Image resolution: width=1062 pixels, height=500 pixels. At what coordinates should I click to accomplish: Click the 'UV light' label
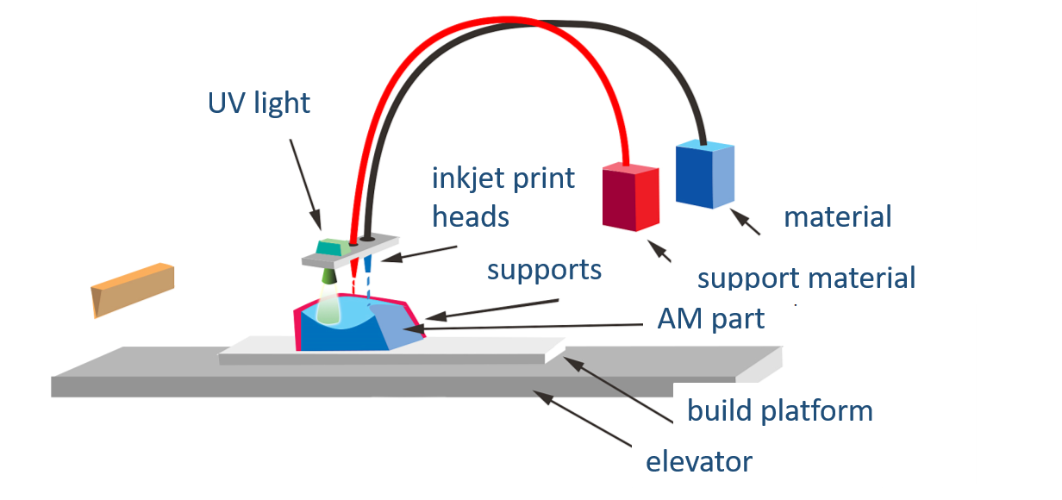click(x=259, y=104)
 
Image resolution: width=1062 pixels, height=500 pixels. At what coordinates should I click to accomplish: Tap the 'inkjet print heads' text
click(x=503, y=197)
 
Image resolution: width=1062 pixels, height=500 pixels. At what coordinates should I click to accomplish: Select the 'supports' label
click(x=544, y=270)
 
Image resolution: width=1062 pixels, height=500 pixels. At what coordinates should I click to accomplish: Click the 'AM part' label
click(x=710, y=320)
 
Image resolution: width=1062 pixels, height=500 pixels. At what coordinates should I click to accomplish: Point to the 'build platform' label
click(x=779, y=411)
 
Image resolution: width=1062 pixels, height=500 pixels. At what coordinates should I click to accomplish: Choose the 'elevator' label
click(x=699, y=462)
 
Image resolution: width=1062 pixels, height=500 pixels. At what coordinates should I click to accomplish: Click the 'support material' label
click(x=806, y=278)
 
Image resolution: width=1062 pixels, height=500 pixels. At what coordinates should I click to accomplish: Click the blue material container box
click(x=704, y=174)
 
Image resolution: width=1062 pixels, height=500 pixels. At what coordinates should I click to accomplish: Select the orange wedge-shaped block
click(x=133, y=289)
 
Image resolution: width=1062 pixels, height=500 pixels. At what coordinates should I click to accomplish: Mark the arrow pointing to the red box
click(x=660, y=252)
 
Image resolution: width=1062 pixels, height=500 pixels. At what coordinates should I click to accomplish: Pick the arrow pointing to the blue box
click(x=747, y=222)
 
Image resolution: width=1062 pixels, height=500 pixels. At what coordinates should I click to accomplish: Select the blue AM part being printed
click(x=345, y=332)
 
